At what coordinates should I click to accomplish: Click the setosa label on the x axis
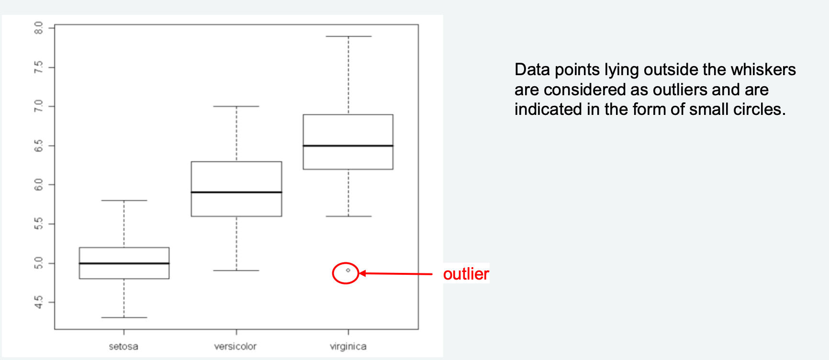[123, 346]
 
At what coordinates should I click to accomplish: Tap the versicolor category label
[235, 346]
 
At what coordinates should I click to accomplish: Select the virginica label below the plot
[348, 346]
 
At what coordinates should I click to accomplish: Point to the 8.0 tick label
[39, 28]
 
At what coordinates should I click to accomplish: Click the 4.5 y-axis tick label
[39, 303]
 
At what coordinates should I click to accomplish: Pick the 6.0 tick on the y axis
[39, 185]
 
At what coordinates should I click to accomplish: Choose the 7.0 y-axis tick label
[39, 106]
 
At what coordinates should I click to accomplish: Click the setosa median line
[124, 263]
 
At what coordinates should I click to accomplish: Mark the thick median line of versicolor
[236, 192]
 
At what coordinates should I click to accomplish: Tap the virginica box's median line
[348, 146]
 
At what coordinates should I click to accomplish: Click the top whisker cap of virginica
[348, 36]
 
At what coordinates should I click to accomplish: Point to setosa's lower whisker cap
[124, 317]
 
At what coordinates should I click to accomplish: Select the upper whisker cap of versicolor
[236, 106]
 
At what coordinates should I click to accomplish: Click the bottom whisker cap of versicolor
[236, 270]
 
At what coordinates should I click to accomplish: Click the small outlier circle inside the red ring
[348, 270]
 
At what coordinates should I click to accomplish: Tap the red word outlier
[466, 274]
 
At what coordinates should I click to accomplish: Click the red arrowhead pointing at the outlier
[362, 273]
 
